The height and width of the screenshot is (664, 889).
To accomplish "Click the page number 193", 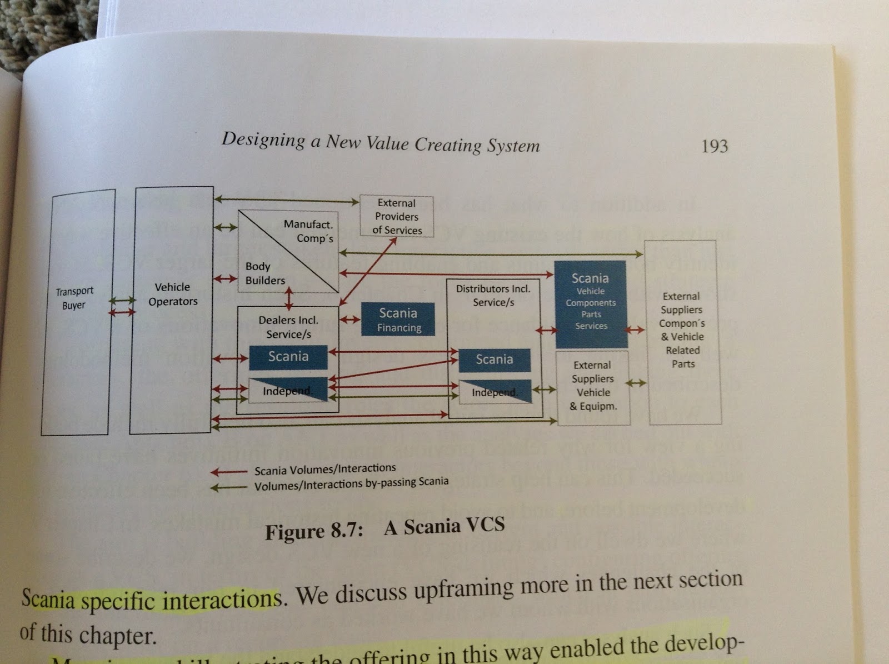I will tap(715, 146).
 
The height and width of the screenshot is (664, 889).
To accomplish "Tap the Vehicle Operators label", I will tap(173, 294).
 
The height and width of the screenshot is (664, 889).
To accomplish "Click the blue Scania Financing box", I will tap(398, 319).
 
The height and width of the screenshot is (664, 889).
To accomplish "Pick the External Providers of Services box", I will tap(397, 216).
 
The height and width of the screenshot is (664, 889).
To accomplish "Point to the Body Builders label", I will tap(265, 273).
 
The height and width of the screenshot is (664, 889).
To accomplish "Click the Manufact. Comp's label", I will tap(309, 231).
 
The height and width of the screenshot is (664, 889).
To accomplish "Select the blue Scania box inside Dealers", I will tap(288, 357).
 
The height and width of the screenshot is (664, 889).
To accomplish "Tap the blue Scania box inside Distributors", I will tap(494, 360).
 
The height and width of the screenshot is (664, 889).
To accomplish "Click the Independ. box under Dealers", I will tap(288, 390).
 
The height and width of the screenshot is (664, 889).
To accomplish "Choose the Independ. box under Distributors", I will tap(494, 392).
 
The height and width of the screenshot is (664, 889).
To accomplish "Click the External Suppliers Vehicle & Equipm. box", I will tap(593, 386).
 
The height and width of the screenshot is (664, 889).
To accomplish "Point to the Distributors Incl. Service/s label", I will tap(493, 296).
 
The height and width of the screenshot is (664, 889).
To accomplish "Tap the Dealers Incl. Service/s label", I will tap(288, 327).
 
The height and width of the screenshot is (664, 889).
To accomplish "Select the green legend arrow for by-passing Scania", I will tap(228, 488).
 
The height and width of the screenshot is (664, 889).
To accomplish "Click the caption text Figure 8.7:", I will tap(314, 532).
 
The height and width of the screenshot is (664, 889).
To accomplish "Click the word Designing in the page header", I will tap(263, 139).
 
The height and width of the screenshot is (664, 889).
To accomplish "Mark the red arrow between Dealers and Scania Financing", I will tap(350, 320).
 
